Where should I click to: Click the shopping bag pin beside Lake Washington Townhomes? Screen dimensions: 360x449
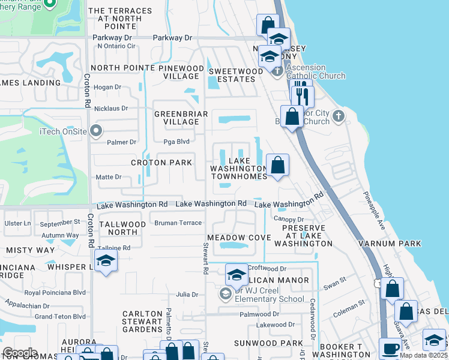tap(277, 166)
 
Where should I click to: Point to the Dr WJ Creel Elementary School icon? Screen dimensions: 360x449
tap(225, 294)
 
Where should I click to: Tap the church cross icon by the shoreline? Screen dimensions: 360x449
tap(339, 115)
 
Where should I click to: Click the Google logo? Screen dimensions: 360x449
tap(19, 353)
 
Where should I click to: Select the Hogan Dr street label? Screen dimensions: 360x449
tap(108, 87)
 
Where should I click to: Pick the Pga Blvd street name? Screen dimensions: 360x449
tap(176, 142)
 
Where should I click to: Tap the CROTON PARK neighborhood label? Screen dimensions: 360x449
tap(162, 163)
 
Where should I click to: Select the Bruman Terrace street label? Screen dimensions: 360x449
tap(178, 223)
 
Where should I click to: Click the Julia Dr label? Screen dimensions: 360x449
tap(187, 295)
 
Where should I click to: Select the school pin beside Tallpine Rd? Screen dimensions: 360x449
tap(106, 260)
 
